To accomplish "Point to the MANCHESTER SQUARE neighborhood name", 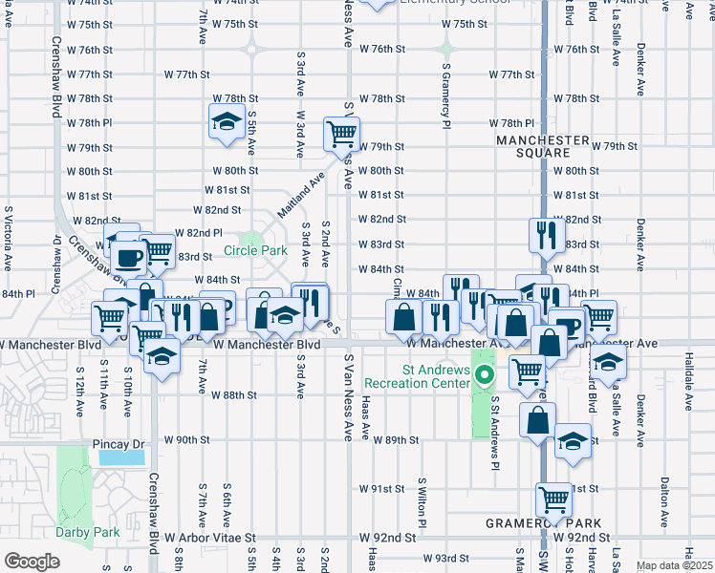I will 543,146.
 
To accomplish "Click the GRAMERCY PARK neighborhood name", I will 544,523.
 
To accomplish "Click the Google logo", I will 31,562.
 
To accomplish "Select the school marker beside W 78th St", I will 227,122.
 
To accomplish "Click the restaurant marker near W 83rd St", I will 545,235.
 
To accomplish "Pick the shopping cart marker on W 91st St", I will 553,499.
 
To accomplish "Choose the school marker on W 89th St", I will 573,442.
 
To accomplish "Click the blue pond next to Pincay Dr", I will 121,457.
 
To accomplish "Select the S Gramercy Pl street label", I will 446,95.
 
